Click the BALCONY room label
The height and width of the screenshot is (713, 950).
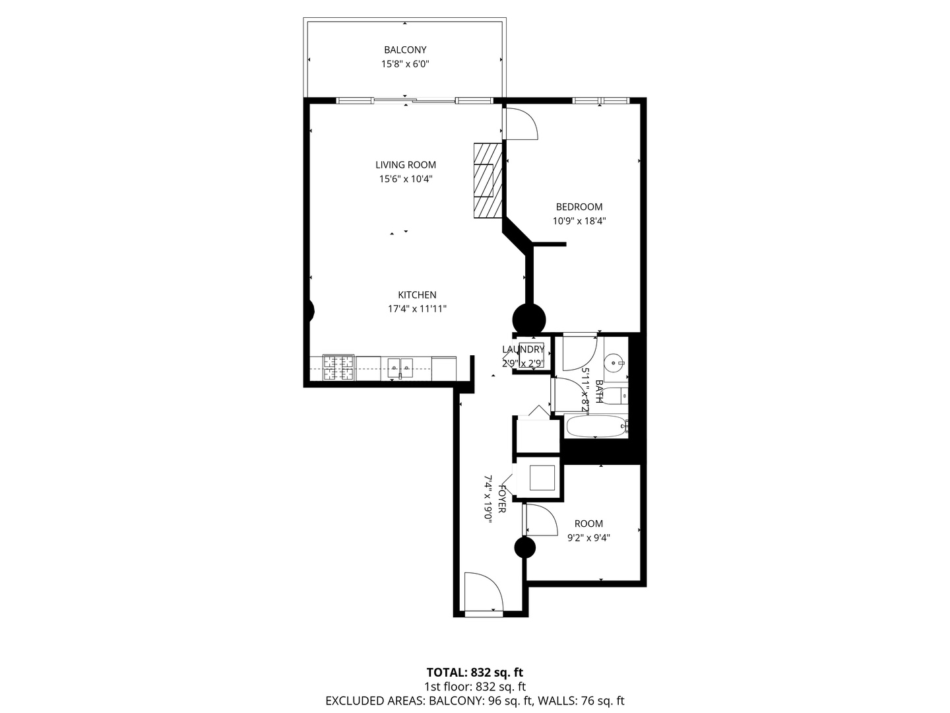pos(405,50)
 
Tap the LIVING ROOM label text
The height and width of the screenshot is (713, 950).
pos(406,165)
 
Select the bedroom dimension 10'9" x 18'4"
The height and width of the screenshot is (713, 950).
pos(579,221)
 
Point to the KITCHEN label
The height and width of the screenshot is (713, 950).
pos(417,295)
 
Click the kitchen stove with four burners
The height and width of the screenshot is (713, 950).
pos(338,368)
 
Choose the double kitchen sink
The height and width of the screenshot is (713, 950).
pos(400,368)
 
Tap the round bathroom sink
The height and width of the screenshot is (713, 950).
pos(614,360)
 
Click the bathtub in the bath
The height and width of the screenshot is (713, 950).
pos(596,426)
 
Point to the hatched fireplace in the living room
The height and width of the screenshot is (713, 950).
pos(488,180)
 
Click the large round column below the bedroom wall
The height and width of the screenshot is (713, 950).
pos(529,320)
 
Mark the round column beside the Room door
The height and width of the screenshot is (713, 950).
pos(524,548)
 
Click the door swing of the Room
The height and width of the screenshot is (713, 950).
pos(541,520)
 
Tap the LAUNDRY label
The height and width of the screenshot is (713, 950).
pos(522,349)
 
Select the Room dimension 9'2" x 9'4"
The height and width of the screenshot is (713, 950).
pos(588,538)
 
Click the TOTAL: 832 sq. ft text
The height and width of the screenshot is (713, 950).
pos(475,672)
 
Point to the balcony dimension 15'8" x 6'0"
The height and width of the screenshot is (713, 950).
pos(405,65)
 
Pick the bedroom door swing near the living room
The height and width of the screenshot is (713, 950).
pos(521,124)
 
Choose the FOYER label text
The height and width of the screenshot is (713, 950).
pos(502,498)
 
